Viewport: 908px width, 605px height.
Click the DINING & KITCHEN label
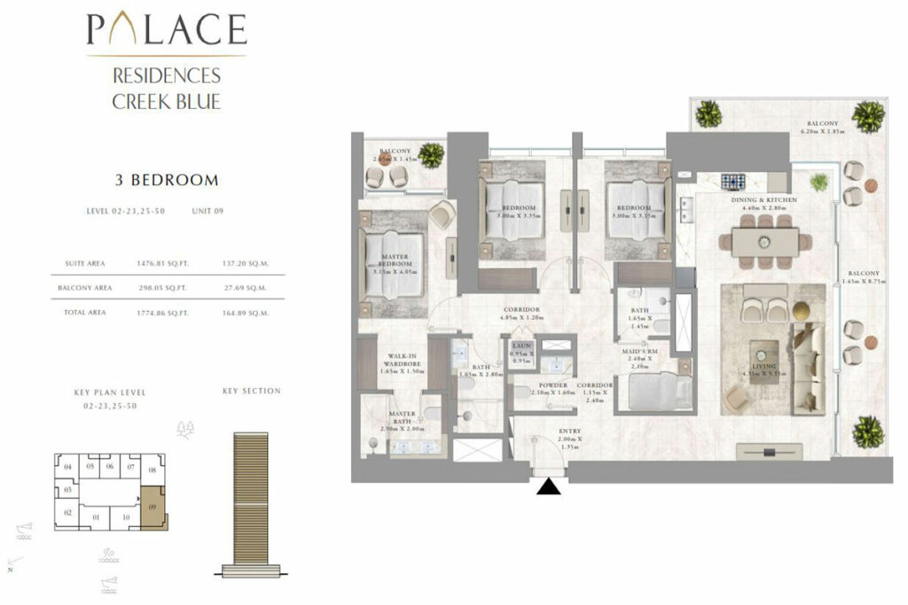pos(763,201)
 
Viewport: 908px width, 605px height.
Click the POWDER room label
pos(553,386)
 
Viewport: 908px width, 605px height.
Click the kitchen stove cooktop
pos(732,182)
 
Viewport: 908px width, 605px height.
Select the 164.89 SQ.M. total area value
pos(246,313)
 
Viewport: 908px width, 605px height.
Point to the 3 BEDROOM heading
pos(167,181)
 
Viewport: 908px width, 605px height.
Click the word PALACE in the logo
pos(167,31)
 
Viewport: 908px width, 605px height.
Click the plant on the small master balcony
pos(432,155)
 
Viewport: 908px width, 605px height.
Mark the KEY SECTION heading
pos(251,391)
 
